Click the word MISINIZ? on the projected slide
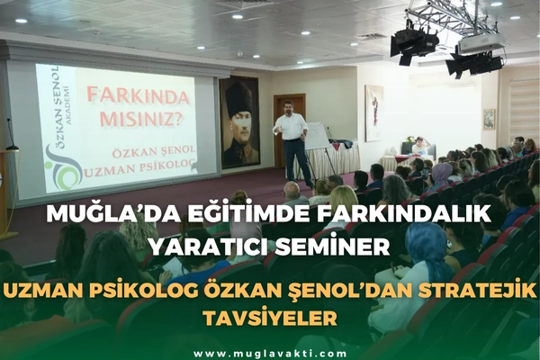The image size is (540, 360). [x=141, y=118]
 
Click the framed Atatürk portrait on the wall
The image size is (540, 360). [x=239, y=122]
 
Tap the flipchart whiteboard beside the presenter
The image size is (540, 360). [x=317, y=135]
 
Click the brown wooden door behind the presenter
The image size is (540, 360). [x=289, y=130]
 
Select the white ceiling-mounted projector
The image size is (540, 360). [x=482, y=43]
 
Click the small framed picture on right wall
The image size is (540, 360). [x=489, y=119]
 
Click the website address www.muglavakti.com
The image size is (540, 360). [x=270, y=354]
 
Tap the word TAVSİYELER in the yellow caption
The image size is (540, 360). [x=270, y=318]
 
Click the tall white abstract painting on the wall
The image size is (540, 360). [x=374, y=112]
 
